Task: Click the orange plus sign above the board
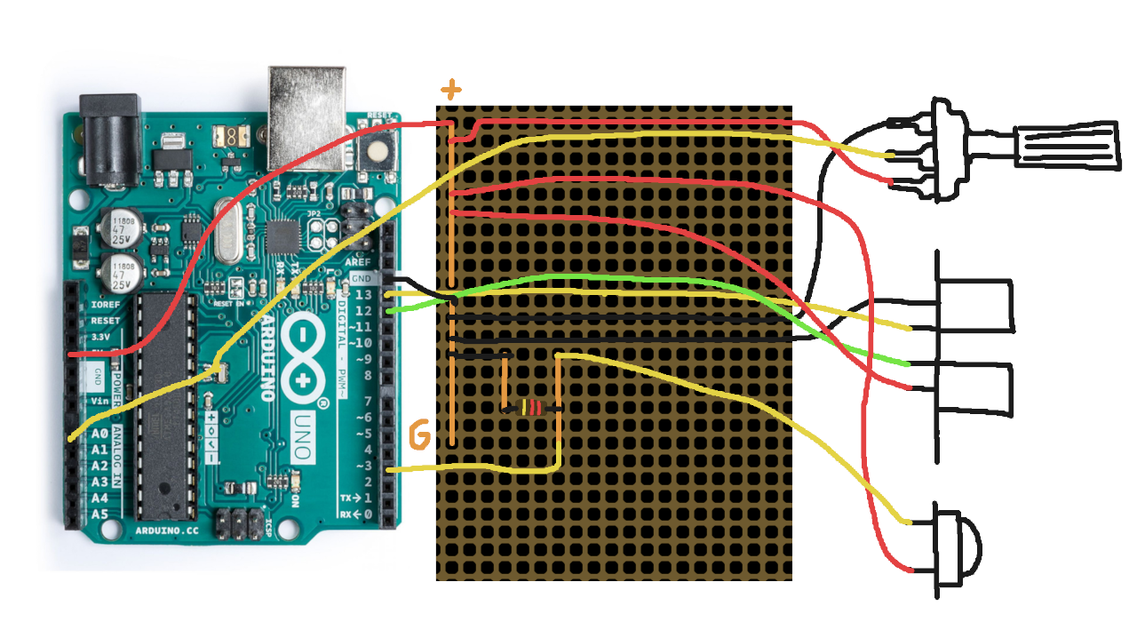coord(452,90)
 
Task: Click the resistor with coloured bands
coord(532,409)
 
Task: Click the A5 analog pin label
coord(100,514)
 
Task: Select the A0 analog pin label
coord(100,434)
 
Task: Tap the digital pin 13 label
coord(362,295)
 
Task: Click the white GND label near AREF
coord(361,279)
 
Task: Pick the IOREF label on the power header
coord(105,304)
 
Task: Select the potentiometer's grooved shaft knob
coord(1066,143)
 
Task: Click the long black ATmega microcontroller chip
coord(165,404)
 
